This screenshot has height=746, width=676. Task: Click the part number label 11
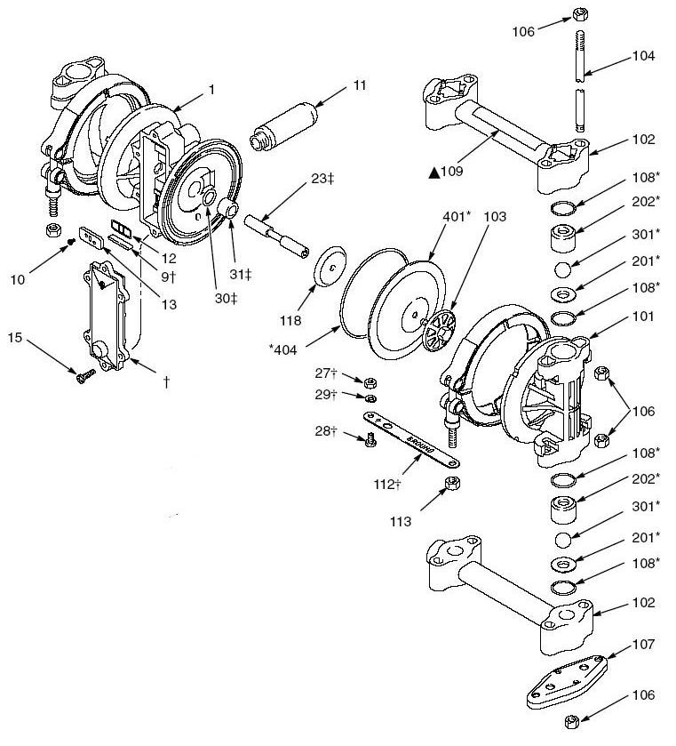pos(359,85)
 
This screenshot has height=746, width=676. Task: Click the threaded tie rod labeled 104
pos(580,84)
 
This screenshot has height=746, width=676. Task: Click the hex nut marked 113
pos(450,484)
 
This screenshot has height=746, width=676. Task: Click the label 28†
pos(325,431)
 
